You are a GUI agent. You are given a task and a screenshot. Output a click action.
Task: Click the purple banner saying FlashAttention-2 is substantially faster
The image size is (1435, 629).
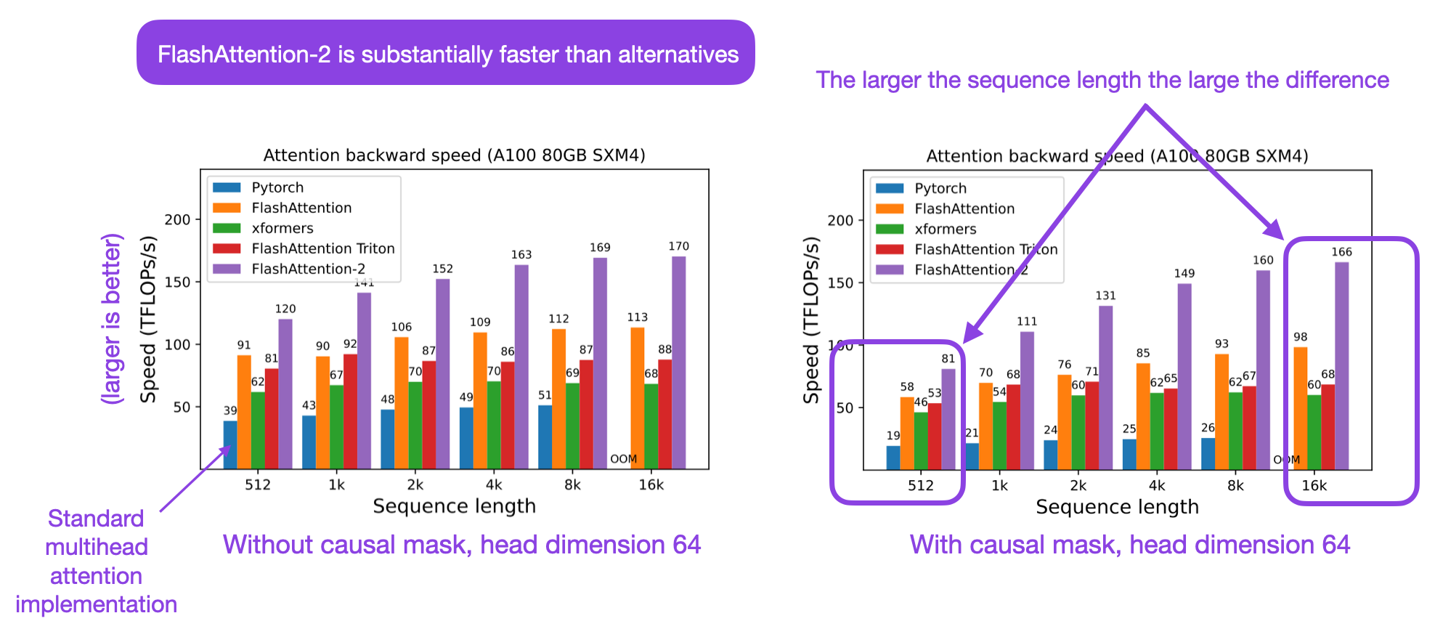pyautogui.click(x=445, y=54)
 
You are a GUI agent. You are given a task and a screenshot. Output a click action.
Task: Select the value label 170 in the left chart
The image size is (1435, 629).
pyautogui.click(x=678, y=246)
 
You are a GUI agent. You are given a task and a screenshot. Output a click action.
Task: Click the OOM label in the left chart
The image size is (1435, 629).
pyautogui.click(x=623, y=458)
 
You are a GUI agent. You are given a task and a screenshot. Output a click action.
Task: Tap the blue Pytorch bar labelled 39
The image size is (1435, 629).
pyautogui.click(x=230, y=445)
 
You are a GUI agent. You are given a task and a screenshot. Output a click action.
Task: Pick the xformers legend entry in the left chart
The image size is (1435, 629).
pyautogui.click(x=282, y=228)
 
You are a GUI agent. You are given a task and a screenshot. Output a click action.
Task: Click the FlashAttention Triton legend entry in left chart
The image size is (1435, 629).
pyautogui.click(x=322, y=248)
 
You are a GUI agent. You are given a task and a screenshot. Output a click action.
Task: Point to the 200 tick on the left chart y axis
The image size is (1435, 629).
pyautogui.click(x=177, y=219)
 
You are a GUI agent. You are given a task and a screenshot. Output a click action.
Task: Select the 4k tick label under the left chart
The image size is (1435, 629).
pyautogui.click(x=494, y=484)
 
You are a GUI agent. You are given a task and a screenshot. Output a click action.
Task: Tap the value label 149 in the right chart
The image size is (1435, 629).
pyautogui.click(x=1184, y=273)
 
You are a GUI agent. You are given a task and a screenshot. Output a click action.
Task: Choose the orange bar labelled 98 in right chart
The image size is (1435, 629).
pyautogui.click(x=1300, y=408)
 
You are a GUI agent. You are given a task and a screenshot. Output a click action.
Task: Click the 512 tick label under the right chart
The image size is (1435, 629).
pyautogui.click(x=920, y=485)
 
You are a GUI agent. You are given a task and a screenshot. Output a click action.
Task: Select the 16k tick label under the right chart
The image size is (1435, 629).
pyautogui.click(x=1314, y=485)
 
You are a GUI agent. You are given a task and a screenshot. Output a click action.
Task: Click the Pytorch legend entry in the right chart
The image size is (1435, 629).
pyautogui.click(x=940, y=188)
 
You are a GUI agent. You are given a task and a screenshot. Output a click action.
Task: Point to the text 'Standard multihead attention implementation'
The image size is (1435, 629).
pyautogui.click(x=96, y=561)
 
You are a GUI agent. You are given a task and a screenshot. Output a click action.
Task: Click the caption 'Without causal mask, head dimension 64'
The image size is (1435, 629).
pyautogui.click(x=462, y=545)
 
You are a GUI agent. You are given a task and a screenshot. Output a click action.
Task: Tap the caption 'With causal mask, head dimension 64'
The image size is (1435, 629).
pyautogui.click(x=1129, y=545)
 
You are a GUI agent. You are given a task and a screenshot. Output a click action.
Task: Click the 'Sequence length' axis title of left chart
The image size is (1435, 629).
pyautogui.click(x=454, y=506)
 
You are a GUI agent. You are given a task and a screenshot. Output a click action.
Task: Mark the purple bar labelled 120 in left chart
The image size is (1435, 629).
pyautogui.click(x=285, y=394)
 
